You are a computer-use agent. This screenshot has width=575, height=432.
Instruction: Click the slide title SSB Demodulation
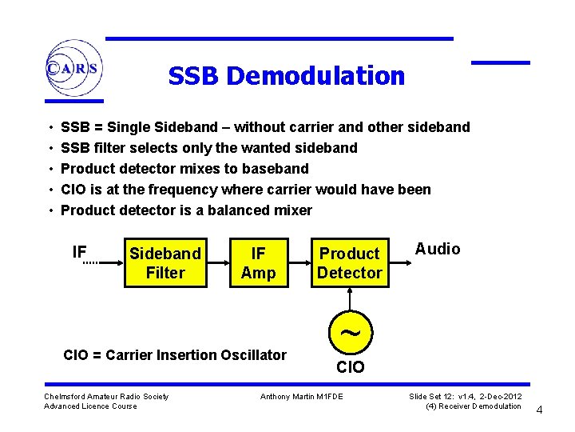(286, 76)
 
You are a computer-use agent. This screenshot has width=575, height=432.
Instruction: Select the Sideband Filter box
(165, 263)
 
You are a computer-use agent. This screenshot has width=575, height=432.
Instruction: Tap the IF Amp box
(258, 263)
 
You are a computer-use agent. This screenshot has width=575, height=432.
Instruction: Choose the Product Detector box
(350, 263)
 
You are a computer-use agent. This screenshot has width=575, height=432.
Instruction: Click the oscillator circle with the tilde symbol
(350, 332)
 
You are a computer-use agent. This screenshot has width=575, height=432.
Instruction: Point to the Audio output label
(438, 249)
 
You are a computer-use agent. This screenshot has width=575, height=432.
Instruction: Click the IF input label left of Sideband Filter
(79, 252)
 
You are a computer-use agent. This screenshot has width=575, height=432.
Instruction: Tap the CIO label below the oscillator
(350, 367)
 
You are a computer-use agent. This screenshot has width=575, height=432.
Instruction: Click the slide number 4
(539, 410)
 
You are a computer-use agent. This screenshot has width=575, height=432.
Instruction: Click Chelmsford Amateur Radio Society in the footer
(106, 397)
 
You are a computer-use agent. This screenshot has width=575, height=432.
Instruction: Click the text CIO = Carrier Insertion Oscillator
(174, 354)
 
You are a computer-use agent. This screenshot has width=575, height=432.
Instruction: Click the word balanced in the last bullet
(230, 210)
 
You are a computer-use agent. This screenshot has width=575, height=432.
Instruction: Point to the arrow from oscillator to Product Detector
(350, 300)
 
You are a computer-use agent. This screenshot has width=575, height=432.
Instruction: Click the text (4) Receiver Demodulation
(473, 406)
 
